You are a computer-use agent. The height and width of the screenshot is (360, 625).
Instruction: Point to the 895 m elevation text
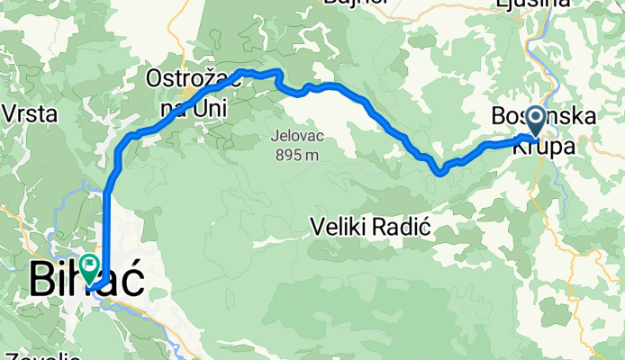click(x=296, y=154)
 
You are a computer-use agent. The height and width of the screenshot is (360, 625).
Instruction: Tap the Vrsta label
click(x=32, y=114)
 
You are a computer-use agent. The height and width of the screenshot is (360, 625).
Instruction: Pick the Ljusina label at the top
click(x=533, y=4)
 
